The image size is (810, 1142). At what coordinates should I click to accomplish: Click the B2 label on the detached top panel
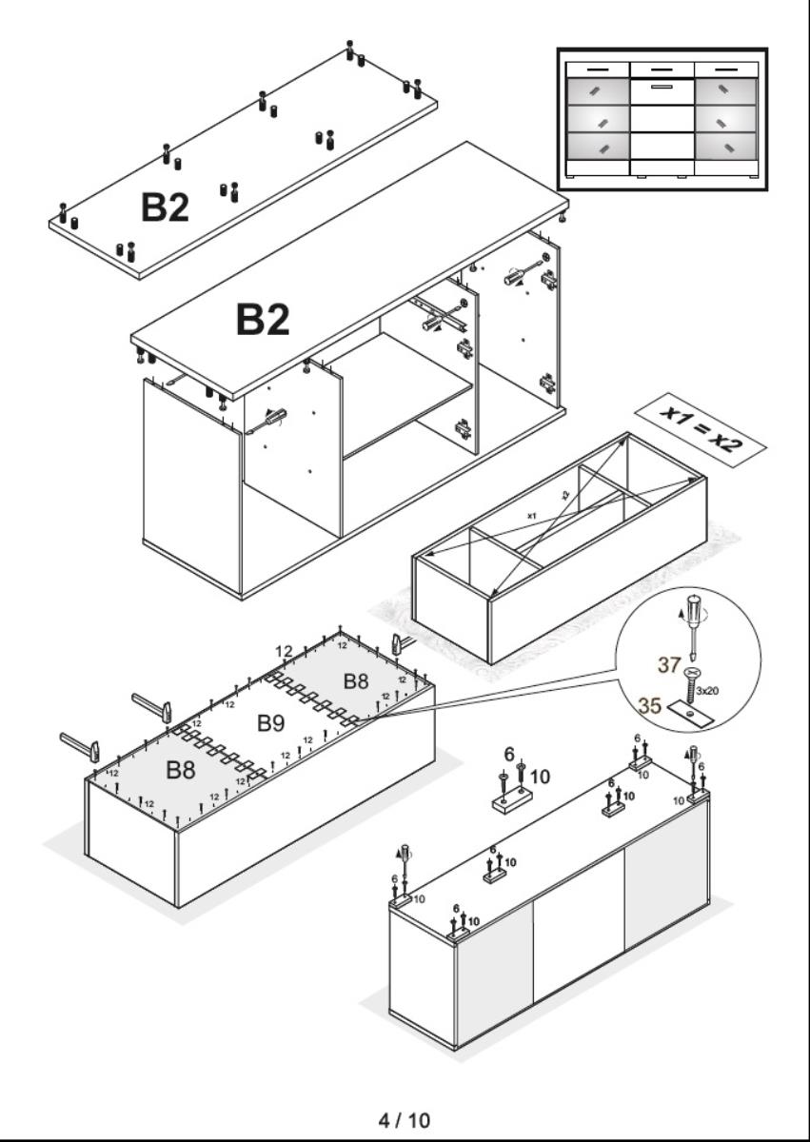tap(165, 207)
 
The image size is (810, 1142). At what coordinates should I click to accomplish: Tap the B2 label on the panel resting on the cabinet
tap(262, 321)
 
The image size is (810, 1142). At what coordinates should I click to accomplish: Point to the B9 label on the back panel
tap(271, 723)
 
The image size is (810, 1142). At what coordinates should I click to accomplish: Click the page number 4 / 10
tap(405, 1120)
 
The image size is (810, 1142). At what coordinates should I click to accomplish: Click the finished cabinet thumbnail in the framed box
tap(662, 119)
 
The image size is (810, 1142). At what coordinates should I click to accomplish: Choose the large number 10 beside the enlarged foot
tap(539, 776)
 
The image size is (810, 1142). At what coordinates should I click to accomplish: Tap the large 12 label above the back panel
tap(284, 651)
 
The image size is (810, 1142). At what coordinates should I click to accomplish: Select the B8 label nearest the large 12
tap(356, 680)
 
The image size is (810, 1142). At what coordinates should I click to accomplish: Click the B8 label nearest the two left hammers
tap(181, 771)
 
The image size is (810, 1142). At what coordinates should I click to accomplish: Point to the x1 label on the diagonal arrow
tap(532, 516)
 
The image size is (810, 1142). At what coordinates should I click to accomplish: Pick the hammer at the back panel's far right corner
tap(401, 644)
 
